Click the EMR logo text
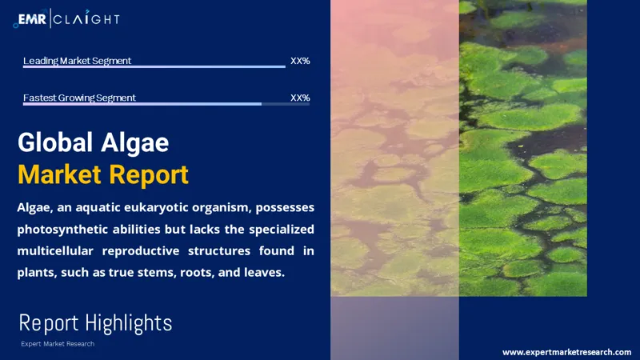33,18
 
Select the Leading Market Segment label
77,61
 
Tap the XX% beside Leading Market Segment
300,61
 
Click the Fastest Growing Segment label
79,98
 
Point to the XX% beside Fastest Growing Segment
300,98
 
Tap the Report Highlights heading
95,323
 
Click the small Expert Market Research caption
57,344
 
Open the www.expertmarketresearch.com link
566,352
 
